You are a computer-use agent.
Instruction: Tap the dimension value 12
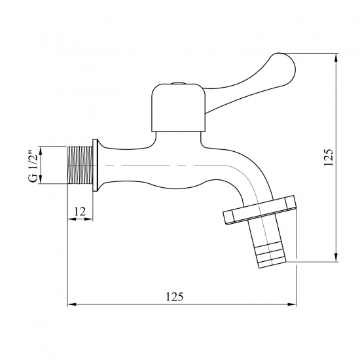[x=80, y=211]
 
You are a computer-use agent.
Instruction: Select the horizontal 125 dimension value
[x=175, y=297]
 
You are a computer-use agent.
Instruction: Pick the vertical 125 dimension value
[x=329, y=157]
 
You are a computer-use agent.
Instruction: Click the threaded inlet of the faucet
[x=80, y=165]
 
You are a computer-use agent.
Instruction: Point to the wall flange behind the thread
[x=96, y=165]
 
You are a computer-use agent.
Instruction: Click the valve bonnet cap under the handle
[x=178, y=108]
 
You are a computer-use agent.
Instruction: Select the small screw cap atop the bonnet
[x=179, y=83]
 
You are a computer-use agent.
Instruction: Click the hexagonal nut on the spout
[x=259, y=210]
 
